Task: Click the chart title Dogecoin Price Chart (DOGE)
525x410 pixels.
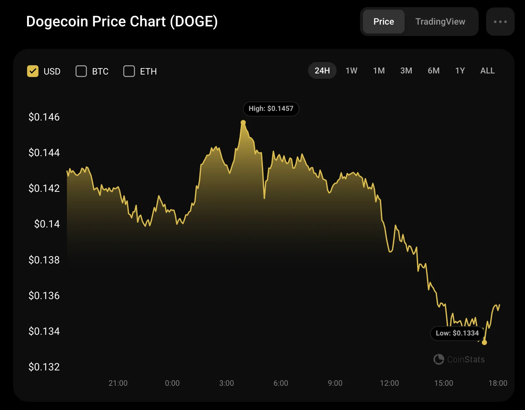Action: [122, 21]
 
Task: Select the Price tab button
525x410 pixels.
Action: [384, 22]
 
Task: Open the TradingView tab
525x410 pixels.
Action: [440, 22]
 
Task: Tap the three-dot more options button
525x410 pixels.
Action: [500, 22]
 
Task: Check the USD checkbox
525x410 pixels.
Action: [33, 71]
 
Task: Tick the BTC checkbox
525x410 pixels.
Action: [81, 71]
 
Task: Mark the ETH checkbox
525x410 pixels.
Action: [129, 71]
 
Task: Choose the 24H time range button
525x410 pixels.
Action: [322, 71]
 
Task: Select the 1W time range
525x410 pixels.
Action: [351, 71]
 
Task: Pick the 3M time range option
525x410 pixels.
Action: [406, 71]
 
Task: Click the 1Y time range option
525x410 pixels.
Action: [460, 71]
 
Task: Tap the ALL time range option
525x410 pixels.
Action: [487, 71]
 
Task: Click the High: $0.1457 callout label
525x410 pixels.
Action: [271, 109]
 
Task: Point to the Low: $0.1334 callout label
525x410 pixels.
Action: [457, 333]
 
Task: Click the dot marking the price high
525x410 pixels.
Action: [243, 123]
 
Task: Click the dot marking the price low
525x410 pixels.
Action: [484, 343]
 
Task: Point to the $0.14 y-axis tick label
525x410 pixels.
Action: [47, 224]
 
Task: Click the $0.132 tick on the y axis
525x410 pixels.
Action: [44, 367]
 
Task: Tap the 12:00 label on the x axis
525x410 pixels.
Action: [389, 383]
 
